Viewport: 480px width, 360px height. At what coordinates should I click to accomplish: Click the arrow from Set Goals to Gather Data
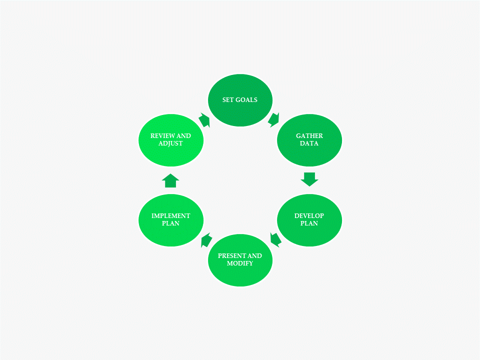pos(274,119)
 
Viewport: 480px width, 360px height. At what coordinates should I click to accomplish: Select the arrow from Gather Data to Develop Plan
pos(309,179)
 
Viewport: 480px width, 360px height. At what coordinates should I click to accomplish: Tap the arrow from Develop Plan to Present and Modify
pos(275,239)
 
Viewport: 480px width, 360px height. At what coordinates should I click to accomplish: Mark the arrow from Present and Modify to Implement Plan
pos(205,240)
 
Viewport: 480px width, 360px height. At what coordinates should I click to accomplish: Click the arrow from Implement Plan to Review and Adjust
pos(170,180)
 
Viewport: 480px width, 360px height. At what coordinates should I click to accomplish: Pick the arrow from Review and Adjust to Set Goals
pos(204,120)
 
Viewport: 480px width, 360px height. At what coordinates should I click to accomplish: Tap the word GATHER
pos(309,136)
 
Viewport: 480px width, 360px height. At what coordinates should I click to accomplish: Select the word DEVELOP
pos(309,216)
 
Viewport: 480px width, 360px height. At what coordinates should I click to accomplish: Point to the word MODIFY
pos(240,263)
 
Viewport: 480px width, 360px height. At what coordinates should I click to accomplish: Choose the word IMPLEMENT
pos(170,216)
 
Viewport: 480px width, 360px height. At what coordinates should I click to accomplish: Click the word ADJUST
pos(170,143)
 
